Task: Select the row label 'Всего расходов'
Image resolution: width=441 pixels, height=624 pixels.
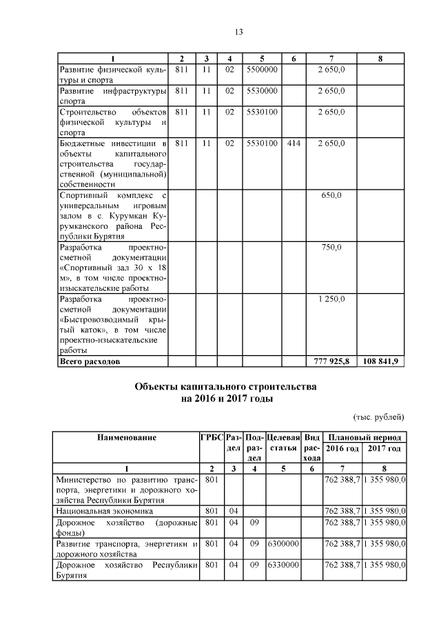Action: point(90,361)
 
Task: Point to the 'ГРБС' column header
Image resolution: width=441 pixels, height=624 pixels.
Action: point(211,437)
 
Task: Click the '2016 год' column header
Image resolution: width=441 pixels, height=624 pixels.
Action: point(342,448)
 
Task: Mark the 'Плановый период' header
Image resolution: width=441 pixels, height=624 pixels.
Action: point(364,437)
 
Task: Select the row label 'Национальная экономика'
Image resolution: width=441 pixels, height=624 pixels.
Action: point(106,512)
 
